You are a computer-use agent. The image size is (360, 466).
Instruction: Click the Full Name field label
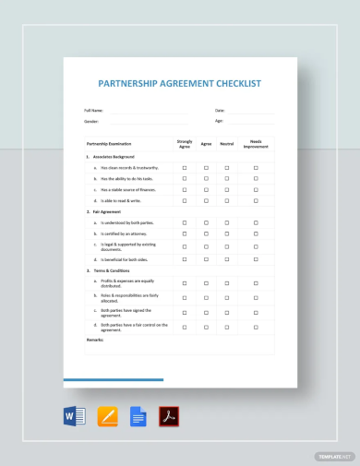coord(94,110)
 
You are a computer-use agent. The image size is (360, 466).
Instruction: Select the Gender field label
coord(91,121)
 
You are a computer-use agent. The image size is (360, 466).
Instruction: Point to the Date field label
coord(220,110)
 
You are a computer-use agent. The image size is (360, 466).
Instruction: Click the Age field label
coord(219,121)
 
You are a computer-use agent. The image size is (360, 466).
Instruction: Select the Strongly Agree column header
coord(185,144)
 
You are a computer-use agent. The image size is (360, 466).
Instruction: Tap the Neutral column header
coord(227,144)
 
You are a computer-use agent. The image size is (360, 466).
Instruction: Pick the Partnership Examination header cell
coord(109,144)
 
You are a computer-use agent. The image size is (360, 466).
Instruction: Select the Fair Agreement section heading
coord(107,212)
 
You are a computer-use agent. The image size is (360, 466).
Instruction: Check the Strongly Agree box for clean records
coord(185,168)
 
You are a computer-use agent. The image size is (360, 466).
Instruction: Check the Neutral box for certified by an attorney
coord(227,234)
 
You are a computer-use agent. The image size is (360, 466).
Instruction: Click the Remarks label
coord(94,340)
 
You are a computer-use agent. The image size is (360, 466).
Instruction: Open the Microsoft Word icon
coord(75,416)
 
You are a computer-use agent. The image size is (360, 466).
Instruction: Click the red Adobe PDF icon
coord(169,416)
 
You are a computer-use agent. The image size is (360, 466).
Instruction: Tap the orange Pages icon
coord(107,416)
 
